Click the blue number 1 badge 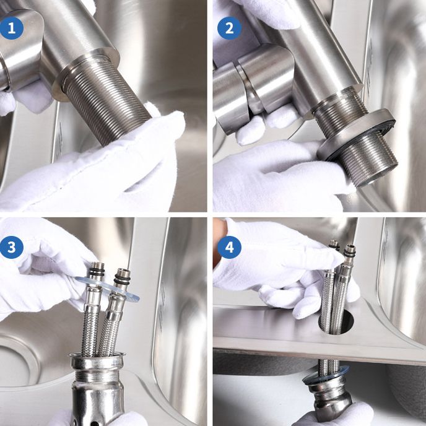11,28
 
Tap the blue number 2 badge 229,28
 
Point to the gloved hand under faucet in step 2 272,176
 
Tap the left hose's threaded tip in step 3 97,271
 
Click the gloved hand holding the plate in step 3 37,272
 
